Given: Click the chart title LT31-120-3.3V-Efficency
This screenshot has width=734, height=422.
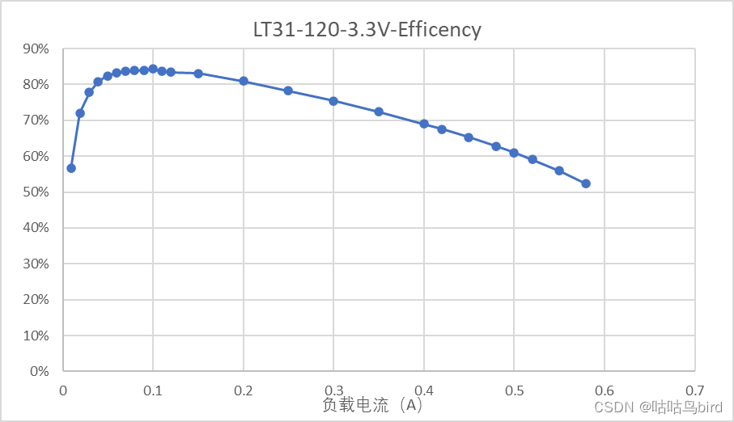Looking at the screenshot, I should coord(367,31).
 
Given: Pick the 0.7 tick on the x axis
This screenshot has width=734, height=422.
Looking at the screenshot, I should coord(694,390).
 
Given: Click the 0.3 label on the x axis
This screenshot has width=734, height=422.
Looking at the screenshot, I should coord(333,390).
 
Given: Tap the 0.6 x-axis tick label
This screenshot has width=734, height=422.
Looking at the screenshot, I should coord(604,390).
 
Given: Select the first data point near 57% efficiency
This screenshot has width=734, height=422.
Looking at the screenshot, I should coord(71,168).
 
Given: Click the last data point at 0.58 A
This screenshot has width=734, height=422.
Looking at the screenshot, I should coord(586,184).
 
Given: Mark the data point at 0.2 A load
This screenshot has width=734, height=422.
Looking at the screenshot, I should coord(244,81).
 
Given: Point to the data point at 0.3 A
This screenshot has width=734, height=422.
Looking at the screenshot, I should coord(333,101).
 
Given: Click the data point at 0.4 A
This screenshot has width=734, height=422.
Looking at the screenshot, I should coord(424,124).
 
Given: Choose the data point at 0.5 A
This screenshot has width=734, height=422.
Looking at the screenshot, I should coord(514,153).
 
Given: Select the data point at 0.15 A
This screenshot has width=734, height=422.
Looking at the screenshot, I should coord(198,74).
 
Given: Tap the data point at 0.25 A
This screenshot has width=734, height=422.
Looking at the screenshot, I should coord(288,91).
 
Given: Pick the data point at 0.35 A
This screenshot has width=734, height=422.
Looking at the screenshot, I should coord(379,112).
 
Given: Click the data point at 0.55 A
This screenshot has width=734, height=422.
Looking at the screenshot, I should coord(559,171).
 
